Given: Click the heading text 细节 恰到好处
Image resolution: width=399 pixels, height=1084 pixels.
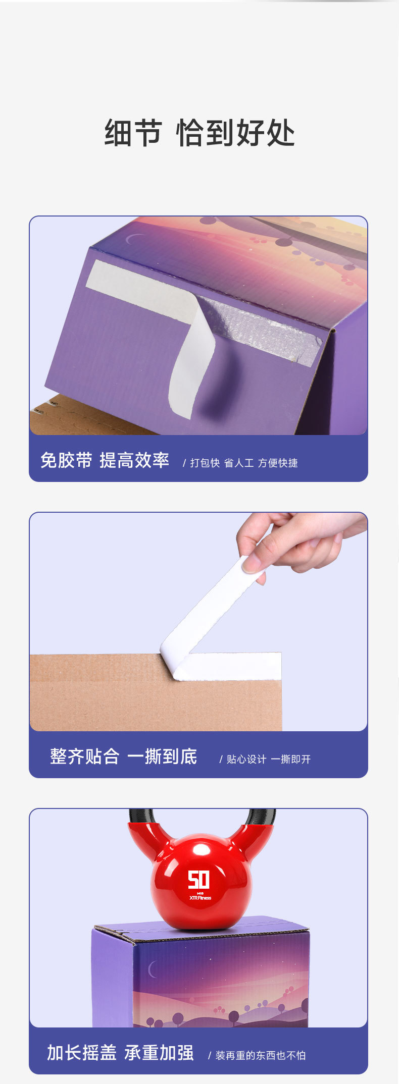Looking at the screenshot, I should (x=199, y=133).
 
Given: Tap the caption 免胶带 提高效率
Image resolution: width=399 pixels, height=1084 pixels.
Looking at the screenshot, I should (x=105, y=460).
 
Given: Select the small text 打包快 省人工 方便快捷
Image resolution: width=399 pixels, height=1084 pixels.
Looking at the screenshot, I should (x=243, y=463).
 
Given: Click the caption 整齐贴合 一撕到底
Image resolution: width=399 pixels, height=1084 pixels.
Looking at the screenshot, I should (x=123, y=756).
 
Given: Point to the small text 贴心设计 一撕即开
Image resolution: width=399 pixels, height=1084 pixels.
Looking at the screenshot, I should (x=268, y=759).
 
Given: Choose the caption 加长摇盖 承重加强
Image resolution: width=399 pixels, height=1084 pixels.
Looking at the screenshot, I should (x=120, y=1053).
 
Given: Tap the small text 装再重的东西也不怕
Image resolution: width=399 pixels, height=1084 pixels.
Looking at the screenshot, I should (x=260, y=1055).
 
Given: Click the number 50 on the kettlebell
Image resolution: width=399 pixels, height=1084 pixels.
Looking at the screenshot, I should (x=198, y=880).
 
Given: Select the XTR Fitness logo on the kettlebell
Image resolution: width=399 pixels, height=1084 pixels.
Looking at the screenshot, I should (x=200, y=896).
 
